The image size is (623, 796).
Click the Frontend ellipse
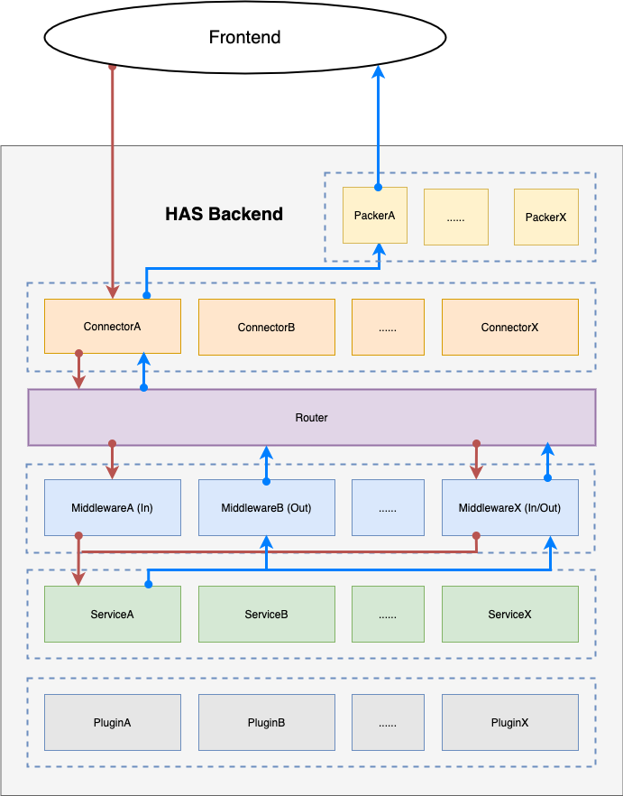point(244,38)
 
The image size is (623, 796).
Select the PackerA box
point(375,217)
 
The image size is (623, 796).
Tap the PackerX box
point(545,217)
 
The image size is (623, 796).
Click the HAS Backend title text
point(224,214)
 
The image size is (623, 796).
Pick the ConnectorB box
point(266,327)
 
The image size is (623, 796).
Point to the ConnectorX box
point(509,327)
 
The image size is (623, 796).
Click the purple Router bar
point(311,418)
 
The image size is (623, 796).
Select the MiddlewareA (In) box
point(112,508)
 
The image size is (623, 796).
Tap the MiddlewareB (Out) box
point(266,508)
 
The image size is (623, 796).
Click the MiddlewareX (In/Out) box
point(509,508)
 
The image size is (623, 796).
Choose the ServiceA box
point(112,615)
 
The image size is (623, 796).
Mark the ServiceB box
point(266,615)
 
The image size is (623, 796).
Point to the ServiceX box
point(509,615)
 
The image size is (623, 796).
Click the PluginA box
point(112,723)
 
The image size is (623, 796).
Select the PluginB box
point(266,723)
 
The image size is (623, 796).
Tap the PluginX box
point(509,723)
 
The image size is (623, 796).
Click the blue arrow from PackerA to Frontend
point(378,126)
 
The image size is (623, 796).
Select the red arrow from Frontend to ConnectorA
point(113,180)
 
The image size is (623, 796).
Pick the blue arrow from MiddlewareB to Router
point(266,463)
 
